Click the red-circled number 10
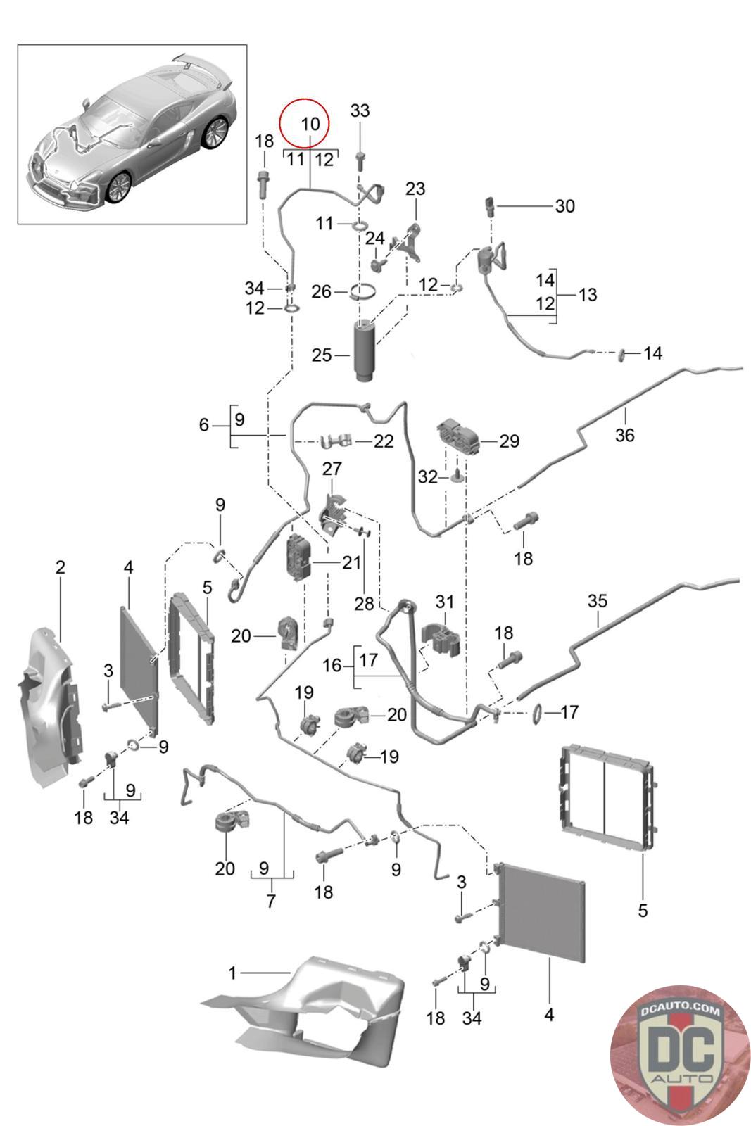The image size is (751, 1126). pyautogui.click(x=310, y=124)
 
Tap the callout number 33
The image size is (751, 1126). pyautogui.click(x=360, y=111)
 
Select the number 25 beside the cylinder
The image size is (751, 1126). pyautogui.click(x=322, y=355)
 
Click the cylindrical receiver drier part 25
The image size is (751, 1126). pyautogui.click(x=366, y=350)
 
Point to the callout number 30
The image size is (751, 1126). pyautogui.click(x=564, y=206)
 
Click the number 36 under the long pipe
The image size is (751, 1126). pyautogui.click(x=624, y=435)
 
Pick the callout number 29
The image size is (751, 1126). pyautogui.click(x=509, y=441)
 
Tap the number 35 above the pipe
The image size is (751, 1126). pyautogui.click(x=597, y=602)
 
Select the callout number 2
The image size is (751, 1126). pyautogui.click(x=61, y=567)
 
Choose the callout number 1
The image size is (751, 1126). pyautogui.click(x=232, y=973)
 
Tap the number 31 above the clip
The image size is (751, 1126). pyautogui.click(x=445, y=602)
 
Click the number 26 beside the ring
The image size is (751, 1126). pyautogui.click(x=322, y=291)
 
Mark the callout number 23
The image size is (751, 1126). pyautogui.click(x=415, y=189)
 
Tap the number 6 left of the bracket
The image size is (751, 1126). pyautogui.click(x=204, y=425)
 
